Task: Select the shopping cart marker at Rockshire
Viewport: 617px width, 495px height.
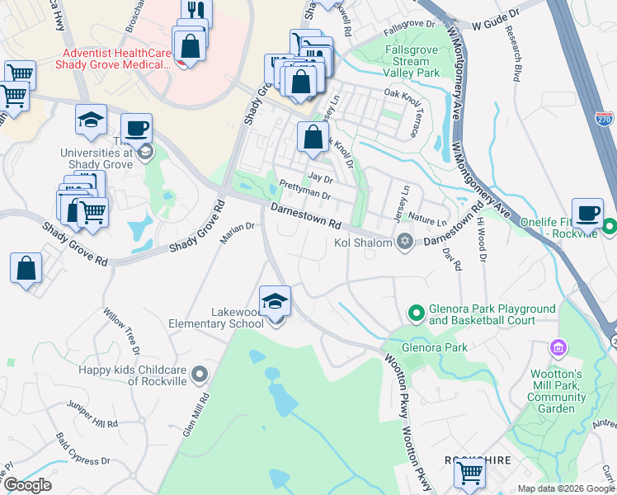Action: coord(469,474)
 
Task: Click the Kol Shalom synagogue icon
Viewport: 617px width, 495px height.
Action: coord(404,242)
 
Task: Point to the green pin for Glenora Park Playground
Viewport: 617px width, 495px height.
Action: coord(417,313)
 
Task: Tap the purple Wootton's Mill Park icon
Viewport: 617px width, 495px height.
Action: coord(560,347)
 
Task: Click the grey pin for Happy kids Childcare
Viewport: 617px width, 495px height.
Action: coord(198,376)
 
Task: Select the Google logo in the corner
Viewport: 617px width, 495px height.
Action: coord(27,485)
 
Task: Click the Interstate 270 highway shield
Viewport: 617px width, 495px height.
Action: coord(603,120)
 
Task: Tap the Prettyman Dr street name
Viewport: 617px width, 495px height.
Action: coord(304,191)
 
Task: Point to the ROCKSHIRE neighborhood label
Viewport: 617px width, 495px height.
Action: coord(473,460)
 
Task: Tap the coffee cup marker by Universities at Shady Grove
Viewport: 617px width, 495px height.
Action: coord(137,129)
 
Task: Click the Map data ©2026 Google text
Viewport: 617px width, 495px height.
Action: coord(565,488)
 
